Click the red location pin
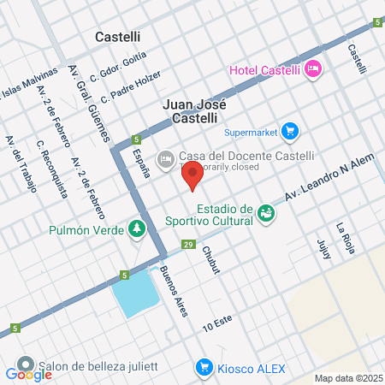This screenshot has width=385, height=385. pos(192,176)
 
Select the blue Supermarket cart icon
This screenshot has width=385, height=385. pos(290,132)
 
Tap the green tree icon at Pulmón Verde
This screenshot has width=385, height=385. pos(136,229)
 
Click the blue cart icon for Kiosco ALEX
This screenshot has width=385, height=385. pos(204,367)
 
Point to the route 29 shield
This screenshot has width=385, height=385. pos(187,246)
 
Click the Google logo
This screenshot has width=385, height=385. pos(28,374)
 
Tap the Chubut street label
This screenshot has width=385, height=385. pos(210,260)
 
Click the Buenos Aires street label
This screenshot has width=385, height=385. pos(174,292)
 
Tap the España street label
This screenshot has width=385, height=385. pos(141,162)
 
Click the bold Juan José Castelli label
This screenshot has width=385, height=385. pos(196,111)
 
